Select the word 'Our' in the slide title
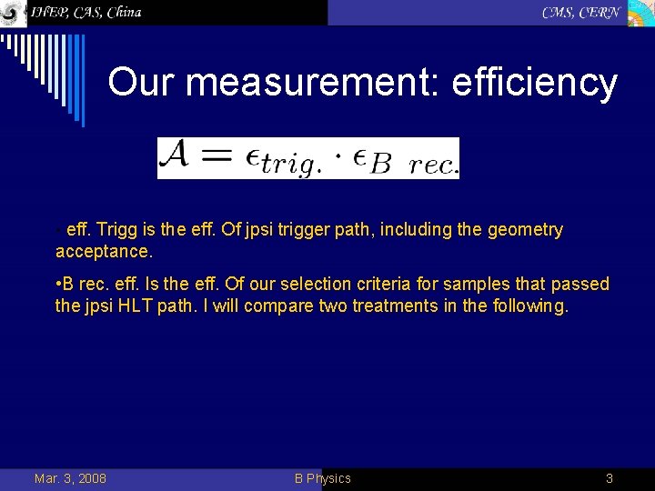pyautogui.click(x=137, y=82)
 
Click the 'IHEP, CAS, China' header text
pyautogui.click(x=86, y=12)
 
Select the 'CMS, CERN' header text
pyautogui.click(x=581, y=12)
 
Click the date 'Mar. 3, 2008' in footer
pyautogui.click(x=70, y=478)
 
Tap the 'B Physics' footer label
pyautogui.click(x=322, y=478)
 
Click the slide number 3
pyautogui.click(x=610, y=478)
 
